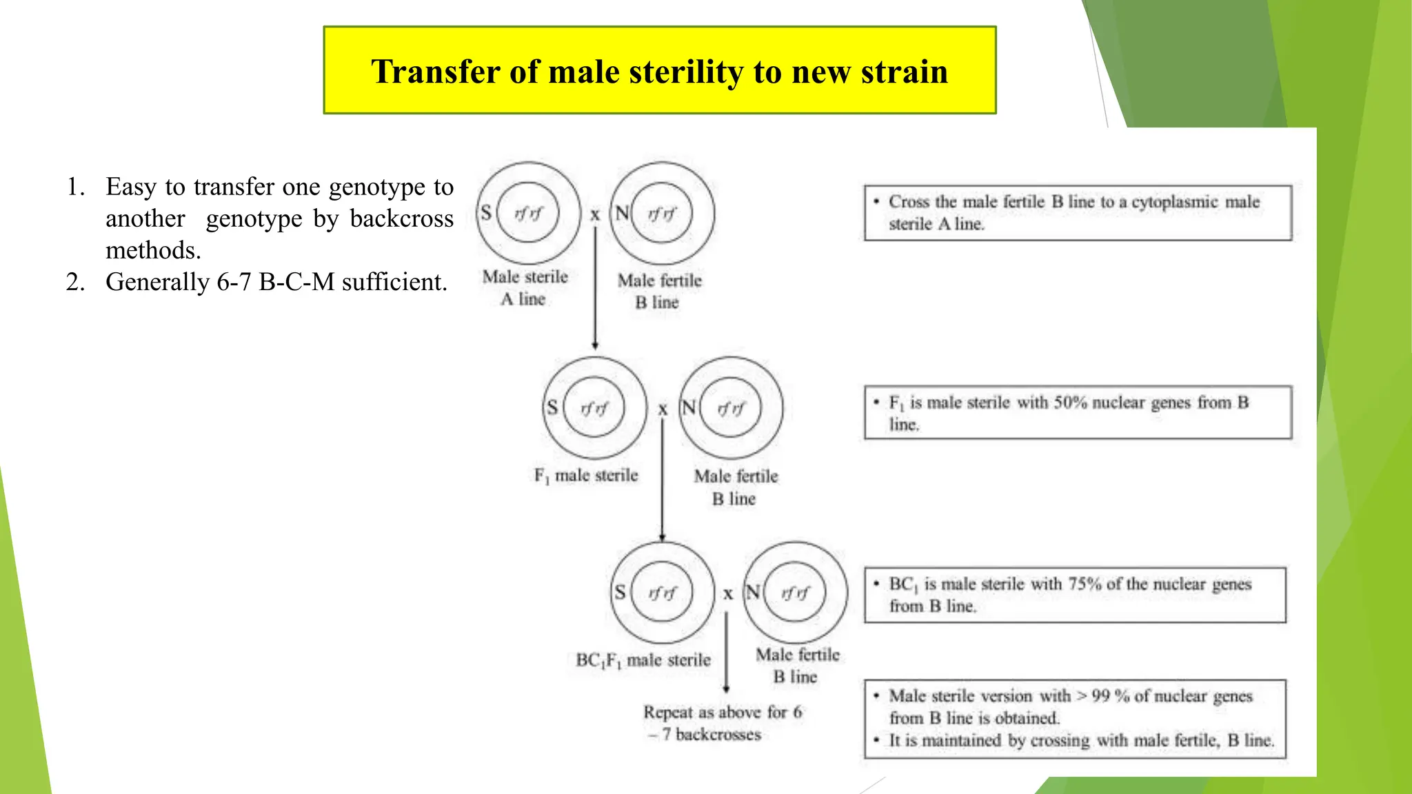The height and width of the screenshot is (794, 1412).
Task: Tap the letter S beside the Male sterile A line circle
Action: (486, 213)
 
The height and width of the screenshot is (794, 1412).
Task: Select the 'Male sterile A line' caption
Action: (525, 287)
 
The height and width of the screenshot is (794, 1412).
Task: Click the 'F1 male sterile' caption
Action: (586, 476)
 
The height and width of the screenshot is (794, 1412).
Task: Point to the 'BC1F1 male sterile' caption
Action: (643, 660)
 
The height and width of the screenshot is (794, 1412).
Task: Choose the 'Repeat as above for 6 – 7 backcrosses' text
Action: (722, 723)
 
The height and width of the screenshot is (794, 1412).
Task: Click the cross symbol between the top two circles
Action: (595, 215)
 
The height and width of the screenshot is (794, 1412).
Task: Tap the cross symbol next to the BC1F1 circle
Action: (728, 593)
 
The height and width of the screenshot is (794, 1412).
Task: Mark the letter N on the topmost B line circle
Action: (622, 213)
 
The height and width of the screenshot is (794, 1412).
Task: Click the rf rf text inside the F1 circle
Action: (594, 409)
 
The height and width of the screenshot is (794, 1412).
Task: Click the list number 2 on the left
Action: (75, 282)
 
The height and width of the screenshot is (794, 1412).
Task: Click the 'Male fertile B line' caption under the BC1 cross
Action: (798, 665)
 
